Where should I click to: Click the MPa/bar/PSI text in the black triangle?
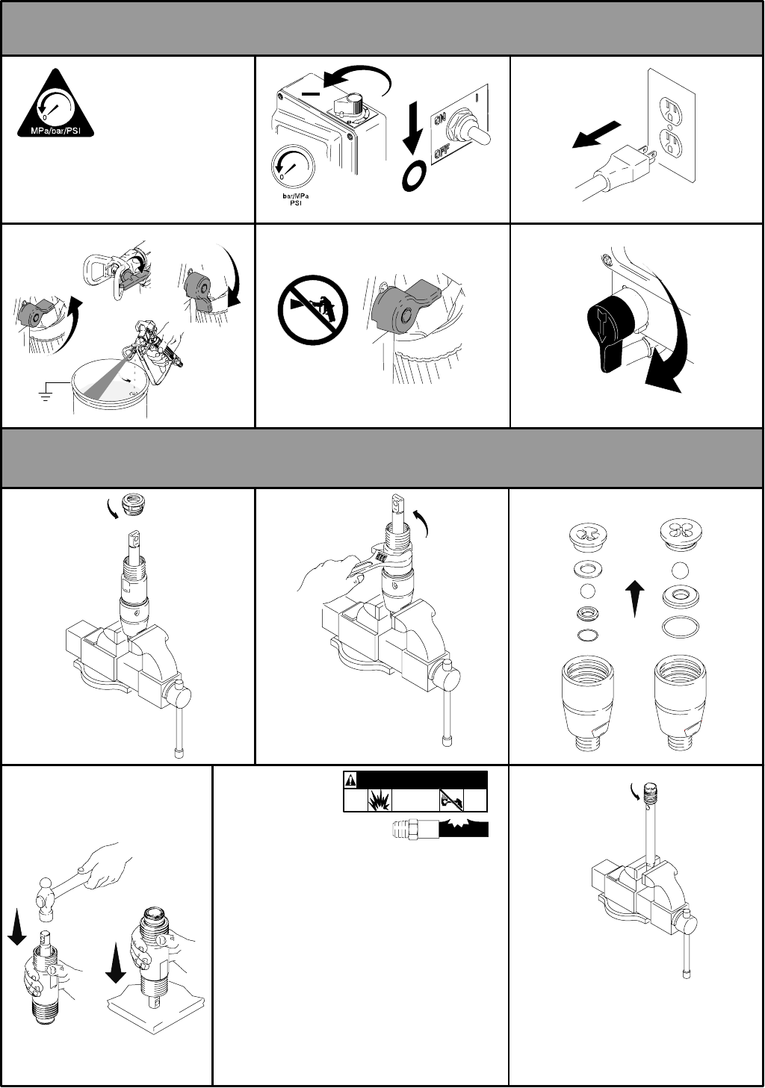[55, 131]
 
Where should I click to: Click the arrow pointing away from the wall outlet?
[597, 134]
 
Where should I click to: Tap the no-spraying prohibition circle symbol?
[313, 310]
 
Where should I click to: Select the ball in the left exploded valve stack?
[589, 591]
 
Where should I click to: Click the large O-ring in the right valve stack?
[681, 626]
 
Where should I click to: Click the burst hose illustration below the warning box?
[440, 830]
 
